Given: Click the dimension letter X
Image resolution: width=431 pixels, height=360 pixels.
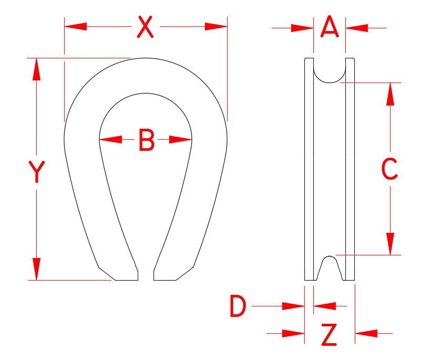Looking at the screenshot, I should point(145,27).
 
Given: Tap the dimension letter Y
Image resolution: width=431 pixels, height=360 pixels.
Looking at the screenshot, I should point(36,172).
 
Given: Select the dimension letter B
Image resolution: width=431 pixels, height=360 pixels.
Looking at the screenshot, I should point(146,140).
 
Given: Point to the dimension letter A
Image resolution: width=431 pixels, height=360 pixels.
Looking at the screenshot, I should point(330,27).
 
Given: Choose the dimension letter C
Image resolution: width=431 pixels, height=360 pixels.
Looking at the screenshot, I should point(389,169).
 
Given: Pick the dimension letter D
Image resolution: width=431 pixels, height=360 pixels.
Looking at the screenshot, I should point(238,306).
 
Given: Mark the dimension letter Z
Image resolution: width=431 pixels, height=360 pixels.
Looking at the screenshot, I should point(329,335).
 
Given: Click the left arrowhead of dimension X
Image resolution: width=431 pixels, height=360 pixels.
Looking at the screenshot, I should point(75,26).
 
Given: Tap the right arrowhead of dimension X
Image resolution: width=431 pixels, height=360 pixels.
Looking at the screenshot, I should point(216,26).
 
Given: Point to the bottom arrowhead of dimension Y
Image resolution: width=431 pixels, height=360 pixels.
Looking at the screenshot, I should point(36,269).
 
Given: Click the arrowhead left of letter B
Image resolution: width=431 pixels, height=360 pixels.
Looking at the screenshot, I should point(110,140).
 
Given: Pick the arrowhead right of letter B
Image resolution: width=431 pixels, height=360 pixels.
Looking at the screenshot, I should point(180,140).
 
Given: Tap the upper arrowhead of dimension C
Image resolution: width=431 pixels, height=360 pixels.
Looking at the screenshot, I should point(390,94).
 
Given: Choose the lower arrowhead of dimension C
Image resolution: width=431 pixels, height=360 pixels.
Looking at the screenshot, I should point(390,244).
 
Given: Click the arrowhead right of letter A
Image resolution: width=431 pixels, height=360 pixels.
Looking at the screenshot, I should point(356,27).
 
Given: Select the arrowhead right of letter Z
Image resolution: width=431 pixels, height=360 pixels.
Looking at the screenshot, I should point(366,333).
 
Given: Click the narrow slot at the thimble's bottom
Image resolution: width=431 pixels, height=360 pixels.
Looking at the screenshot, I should point(146,274).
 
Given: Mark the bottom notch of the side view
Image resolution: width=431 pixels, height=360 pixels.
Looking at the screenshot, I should point(330,268).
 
